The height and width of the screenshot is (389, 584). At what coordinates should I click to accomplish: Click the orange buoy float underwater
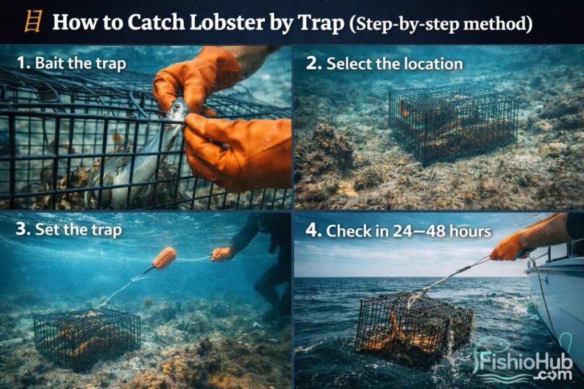(x=164, y=258)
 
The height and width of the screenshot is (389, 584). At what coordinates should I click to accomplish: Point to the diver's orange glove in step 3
(x=221, y=254)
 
